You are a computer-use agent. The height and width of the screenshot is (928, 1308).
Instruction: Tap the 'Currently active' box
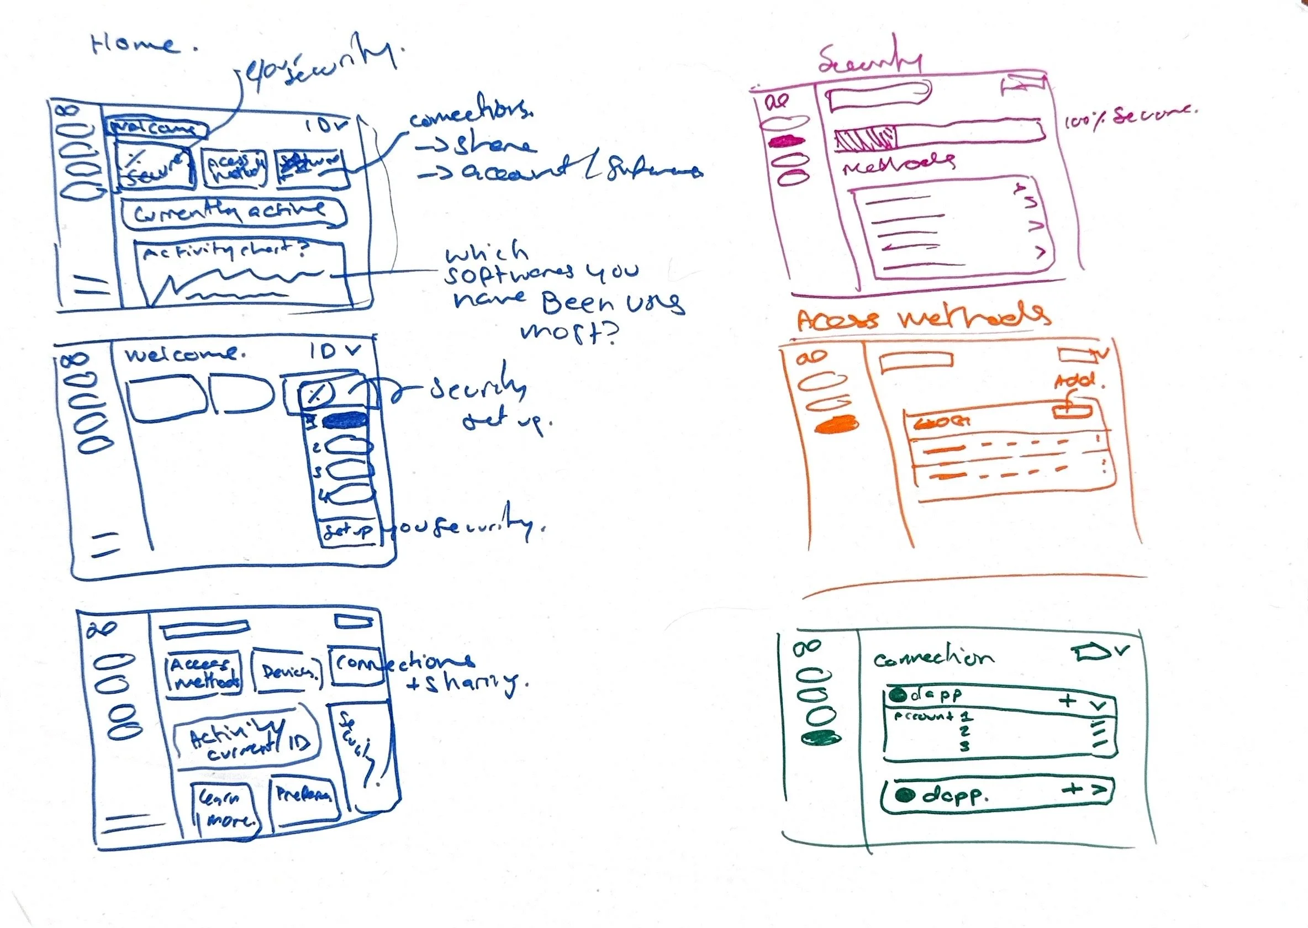233,213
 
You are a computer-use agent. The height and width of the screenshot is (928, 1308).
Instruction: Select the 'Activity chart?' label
226,252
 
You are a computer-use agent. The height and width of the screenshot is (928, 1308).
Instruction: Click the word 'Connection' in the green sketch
932,658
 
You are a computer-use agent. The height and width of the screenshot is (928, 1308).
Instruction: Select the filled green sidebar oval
821,739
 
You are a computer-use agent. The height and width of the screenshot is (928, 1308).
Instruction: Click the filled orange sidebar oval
837,425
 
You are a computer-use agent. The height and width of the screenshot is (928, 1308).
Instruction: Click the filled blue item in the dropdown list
345,421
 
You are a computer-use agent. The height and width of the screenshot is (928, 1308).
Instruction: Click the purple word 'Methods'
899,163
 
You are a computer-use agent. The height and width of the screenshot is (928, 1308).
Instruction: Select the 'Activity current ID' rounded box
246,741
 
